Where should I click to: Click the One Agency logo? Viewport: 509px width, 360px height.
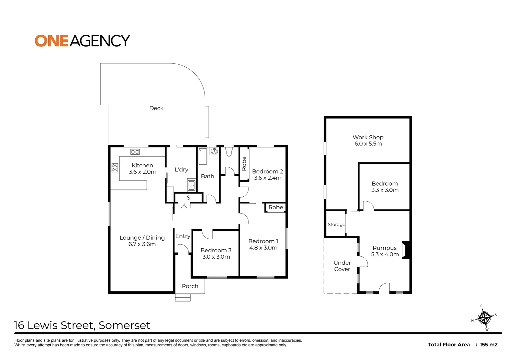[x=82, y=41]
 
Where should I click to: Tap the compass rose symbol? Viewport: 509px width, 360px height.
[x=484, y=318]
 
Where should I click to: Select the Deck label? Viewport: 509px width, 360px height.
[x=156, y=108]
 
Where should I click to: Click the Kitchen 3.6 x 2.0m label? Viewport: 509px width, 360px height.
[x=142, y=169]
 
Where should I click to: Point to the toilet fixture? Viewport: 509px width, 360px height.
[x=229, y=152]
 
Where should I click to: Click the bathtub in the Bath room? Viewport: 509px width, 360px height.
[x=203, y=157]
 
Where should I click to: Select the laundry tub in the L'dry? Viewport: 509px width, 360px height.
[x=192, y=185]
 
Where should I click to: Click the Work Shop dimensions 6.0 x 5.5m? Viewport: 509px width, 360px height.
[x=368, y=144]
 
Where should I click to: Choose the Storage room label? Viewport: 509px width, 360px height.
[x=336, y=225]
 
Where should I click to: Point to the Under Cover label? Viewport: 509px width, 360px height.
[x=342, y=266]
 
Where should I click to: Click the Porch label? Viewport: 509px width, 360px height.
[x=190, y=286]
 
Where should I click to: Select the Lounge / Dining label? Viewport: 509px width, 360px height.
[x=142, y=238]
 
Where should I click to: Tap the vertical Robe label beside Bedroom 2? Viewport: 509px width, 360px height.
[x=244, y=164]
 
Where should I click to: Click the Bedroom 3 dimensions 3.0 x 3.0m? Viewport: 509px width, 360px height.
[x=216, y=257]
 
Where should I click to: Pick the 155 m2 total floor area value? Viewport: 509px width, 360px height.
[x=489, y=345]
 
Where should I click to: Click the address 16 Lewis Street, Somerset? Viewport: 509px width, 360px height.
[x=82, y=325]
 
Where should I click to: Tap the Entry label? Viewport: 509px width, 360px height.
[x=183, y=236]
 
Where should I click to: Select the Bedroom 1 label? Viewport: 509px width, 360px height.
[x=263, y=241]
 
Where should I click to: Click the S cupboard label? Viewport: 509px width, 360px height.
[x=189, y=198]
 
